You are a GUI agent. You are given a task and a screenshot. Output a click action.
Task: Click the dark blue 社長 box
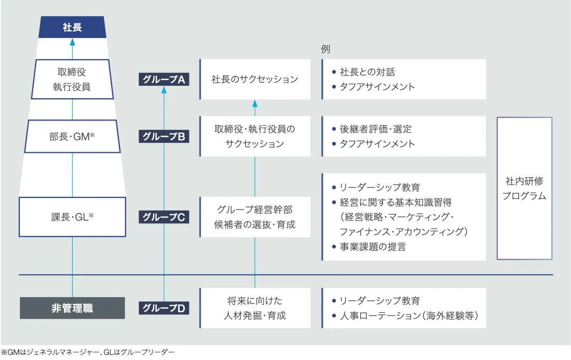(x=72, y=28)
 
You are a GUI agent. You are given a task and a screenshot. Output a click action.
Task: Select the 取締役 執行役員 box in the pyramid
(x=72, y=79)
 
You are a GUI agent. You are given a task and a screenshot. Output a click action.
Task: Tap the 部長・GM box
(x=72, y=137)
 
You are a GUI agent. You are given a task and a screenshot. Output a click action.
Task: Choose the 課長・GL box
(x=72, y=217)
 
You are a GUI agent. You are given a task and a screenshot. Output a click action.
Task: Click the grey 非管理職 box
(x=72, y=308)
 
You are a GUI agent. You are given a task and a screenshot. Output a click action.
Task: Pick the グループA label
(x=164, y=79)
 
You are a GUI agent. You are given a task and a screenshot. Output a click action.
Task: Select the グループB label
(x=164, y=137)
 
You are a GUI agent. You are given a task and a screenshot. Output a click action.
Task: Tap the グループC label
(x=164, y=217)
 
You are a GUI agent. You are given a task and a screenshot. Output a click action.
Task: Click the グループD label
(x=164, y=308)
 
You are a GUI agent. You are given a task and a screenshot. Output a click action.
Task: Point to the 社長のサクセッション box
(x=255, y=79)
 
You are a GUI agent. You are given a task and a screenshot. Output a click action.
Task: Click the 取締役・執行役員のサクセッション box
(x=255, y=137)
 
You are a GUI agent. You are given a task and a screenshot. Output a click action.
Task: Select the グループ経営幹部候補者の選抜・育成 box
(x=255, y=217)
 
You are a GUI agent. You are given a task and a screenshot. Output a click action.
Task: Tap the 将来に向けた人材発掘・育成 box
(x=255, y=308)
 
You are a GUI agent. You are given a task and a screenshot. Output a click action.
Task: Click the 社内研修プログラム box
(x=524, y=189)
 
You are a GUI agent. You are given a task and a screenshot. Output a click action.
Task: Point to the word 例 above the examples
(x=325, y=49)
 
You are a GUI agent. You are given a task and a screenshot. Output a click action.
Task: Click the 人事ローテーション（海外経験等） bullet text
(x=408, y=315)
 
